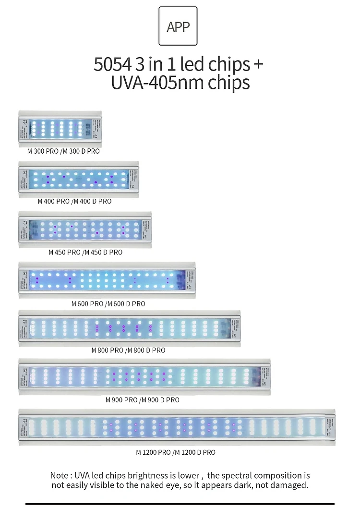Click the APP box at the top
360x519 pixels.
click(178, 26)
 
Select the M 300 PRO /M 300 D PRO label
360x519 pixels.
click(63, 151)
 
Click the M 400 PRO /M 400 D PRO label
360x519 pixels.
click(74, 201)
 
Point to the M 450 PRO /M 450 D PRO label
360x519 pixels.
click(85, 252)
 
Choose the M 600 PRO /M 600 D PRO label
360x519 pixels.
click(108, 303)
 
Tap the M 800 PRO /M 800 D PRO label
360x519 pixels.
click(128, 350)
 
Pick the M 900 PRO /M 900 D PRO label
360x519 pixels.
click(143, 399)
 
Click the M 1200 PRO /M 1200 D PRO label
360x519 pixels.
click(176, 452)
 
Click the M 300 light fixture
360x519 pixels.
click(60, 128)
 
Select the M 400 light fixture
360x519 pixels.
click(79, 179)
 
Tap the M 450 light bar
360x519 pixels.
click(85, 229)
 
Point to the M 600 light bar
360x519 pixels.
click(107, 280)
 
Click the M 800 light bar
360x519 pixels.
click(130, 328)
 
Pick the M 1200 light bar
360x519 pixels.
click(177, 427)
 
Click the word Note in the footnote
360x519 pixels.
click(60, 475)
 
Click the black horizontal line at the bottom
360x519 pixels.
click(180, 504)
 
